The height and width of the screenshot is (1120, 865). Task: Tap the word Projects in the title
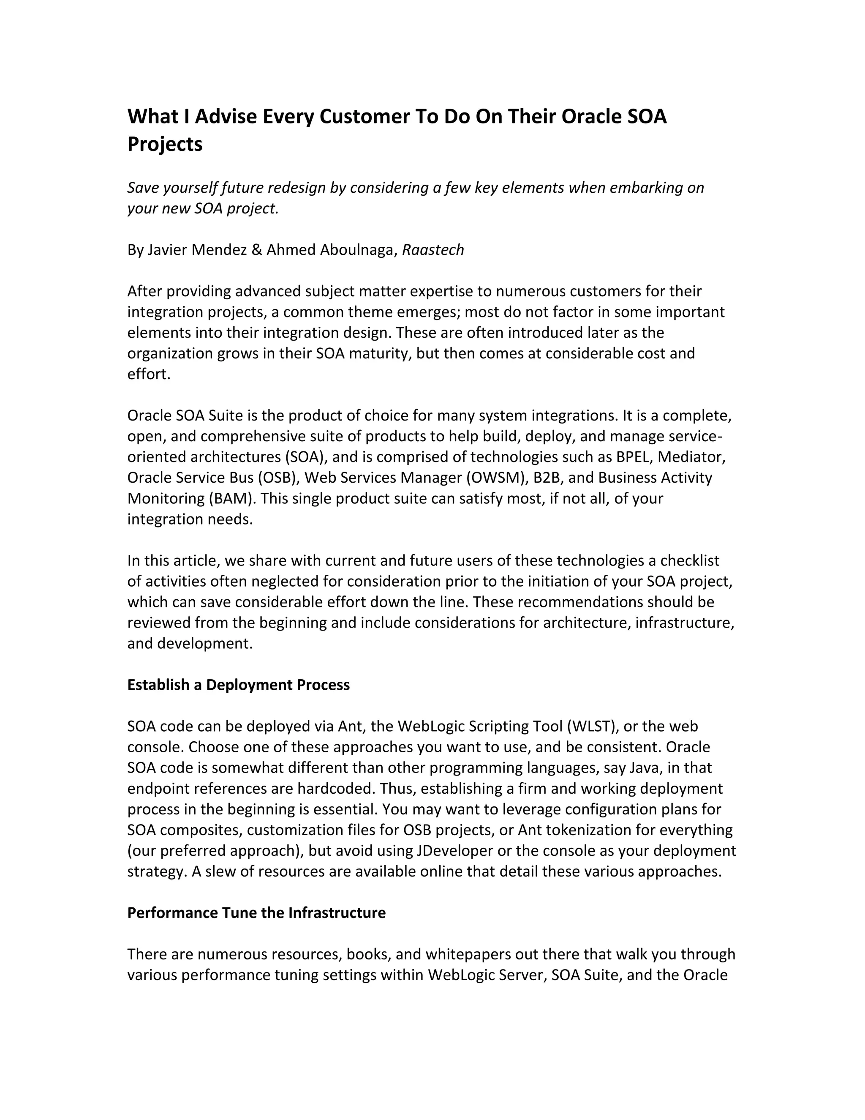tap(165, 145)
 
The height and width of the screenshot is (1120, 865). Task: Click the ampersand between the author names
tap(257, 250)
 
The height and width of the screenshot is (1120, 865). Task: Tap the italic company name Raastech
tap(433, 250)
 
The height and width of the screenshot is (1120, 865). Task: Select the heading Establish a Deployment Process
tap(238, 685)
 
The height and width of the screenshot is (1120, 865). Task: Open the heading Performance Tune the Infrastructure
tap(256, 913)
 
